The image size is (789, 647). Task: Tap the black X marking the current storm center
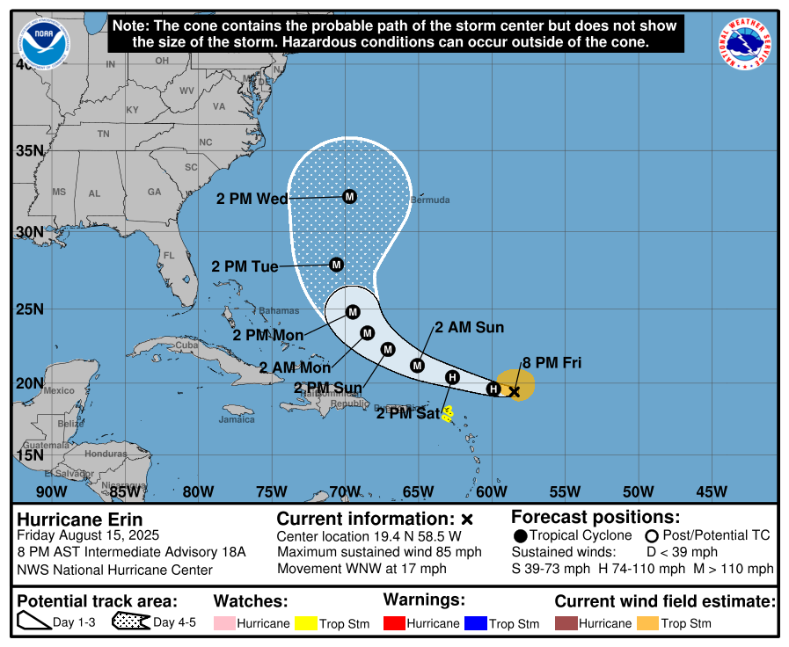click(515, 391)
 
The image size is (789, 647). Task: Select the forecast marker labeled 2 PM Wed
click(349, 196)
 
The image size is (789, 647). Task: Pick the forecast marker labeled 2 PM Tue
click(336, 265)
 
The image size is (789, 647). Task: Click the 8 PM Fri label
click(552, 362)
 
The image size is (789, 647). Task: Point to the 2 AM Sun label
click(469, 328)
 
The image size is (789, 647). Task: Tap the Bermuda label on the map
click(430, 200)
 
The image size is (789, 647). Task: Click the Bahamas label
click(279, 310)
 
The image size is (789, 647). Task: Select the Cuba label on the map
click(186, 345)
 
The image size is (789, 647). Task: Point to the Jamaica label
click(237, 419)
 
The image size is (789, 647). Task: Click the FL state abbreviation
click(170, 256)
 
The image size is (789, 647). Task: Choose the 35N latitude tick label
click(29, 150)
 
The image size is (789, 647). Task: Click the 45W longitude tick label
click(711, 491)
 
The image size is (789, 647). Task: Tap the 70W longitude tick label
click(344, 491)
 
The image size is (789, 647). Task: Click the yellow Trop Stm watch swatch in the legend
click(306, 623)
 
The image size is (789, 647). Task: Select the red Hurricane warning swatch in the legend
click(395, 623)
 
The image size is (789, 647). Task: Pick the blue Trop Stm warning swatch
click(476, 623)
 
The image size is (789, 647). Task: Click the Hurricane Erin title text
click(80, 520)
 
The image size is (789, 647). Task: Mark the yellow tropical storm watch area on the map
click(447, 413)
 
